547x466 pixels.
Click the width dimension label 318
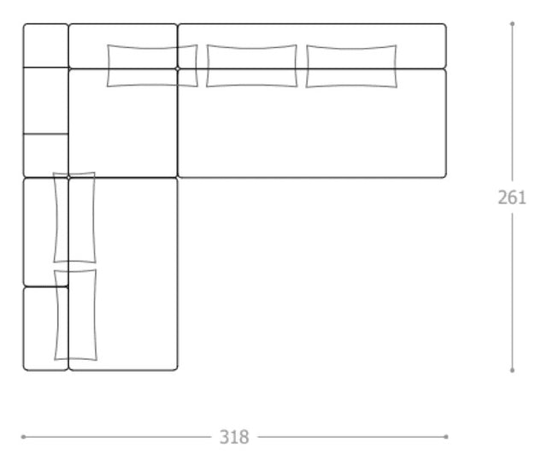tap(234, 437)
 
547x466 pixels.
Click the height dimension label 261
tap(512, 198)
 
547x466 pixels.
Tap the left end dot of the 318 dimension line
tap(23, 437)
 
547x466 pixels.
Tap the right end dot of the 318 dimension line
tap(446, 437)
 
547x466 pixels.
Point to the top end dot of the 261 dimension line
tap(512, 24)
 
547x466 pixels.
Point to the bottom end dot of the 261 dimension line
tap(512, 370)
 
